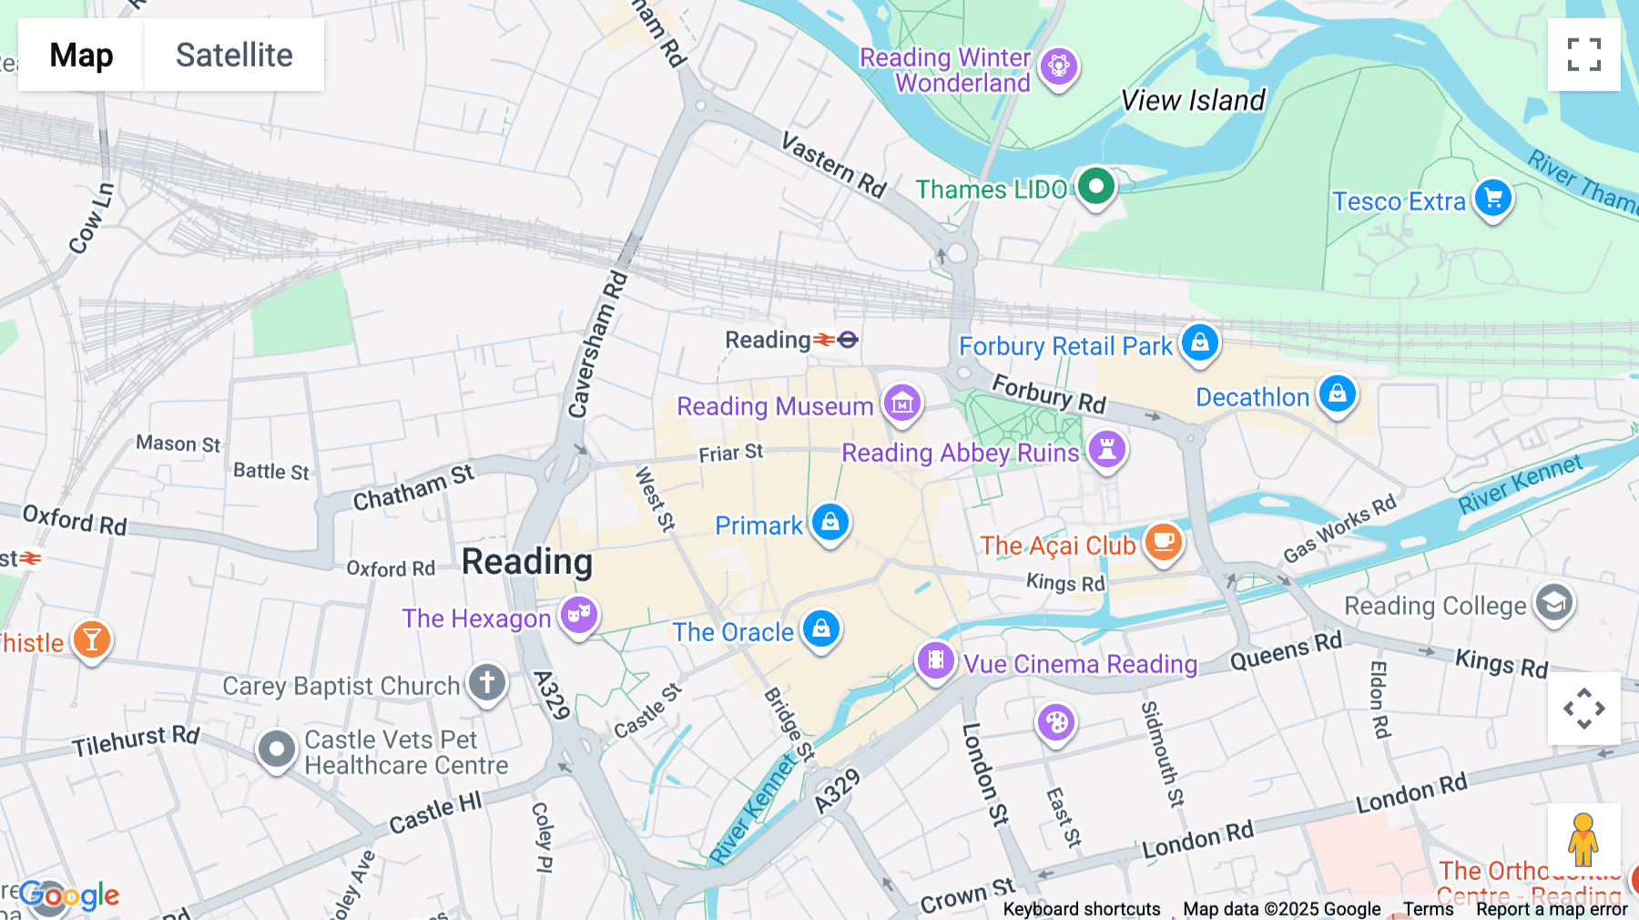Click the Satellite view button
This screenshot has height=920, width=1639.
tap(234, 55)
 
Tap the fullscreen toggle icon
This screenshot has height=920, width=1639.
tap(1583, 55)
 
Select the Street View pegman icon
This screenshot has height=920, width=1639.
tap(1583, 839)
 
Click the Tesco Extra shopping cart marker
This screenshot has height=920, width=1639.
tap(1492, 198)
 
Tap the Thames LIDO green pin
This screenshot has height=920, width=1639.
tap(1095, 187)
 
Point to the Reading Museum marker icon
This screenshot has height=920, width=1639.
tap(902, 403)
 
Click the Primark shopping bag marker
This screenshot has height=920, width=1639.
tap(830, 523)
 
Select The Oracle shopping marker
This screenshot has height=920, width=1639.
tap(820, 629)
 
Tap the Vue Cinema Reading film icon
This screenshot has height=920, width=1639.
tap(935, 660)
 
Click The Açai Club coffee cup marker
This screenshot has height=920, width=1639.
tap(1163, 542)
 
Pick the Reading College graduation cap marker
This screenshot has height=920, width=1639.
tap(1553, 603)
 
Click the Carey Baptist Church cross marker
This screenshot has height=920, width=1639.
tap(487, 682)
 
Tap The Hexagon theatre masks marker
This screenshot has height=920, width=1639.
tap(578, 615)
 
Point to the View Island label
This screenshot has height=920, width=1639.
tap(1193, 100)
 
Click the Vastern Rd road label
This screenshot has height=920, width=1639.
tap(833, 165)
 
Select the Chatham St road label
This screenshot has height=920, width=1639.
tap(413, 488)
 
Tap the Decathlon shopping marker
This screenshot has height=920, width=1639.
tap(1337, 394)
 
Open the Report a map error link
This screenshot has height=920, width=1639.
tap(1551, 909)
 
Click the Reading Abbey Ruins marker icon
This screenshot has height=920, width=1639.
tap(1106, 450)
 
